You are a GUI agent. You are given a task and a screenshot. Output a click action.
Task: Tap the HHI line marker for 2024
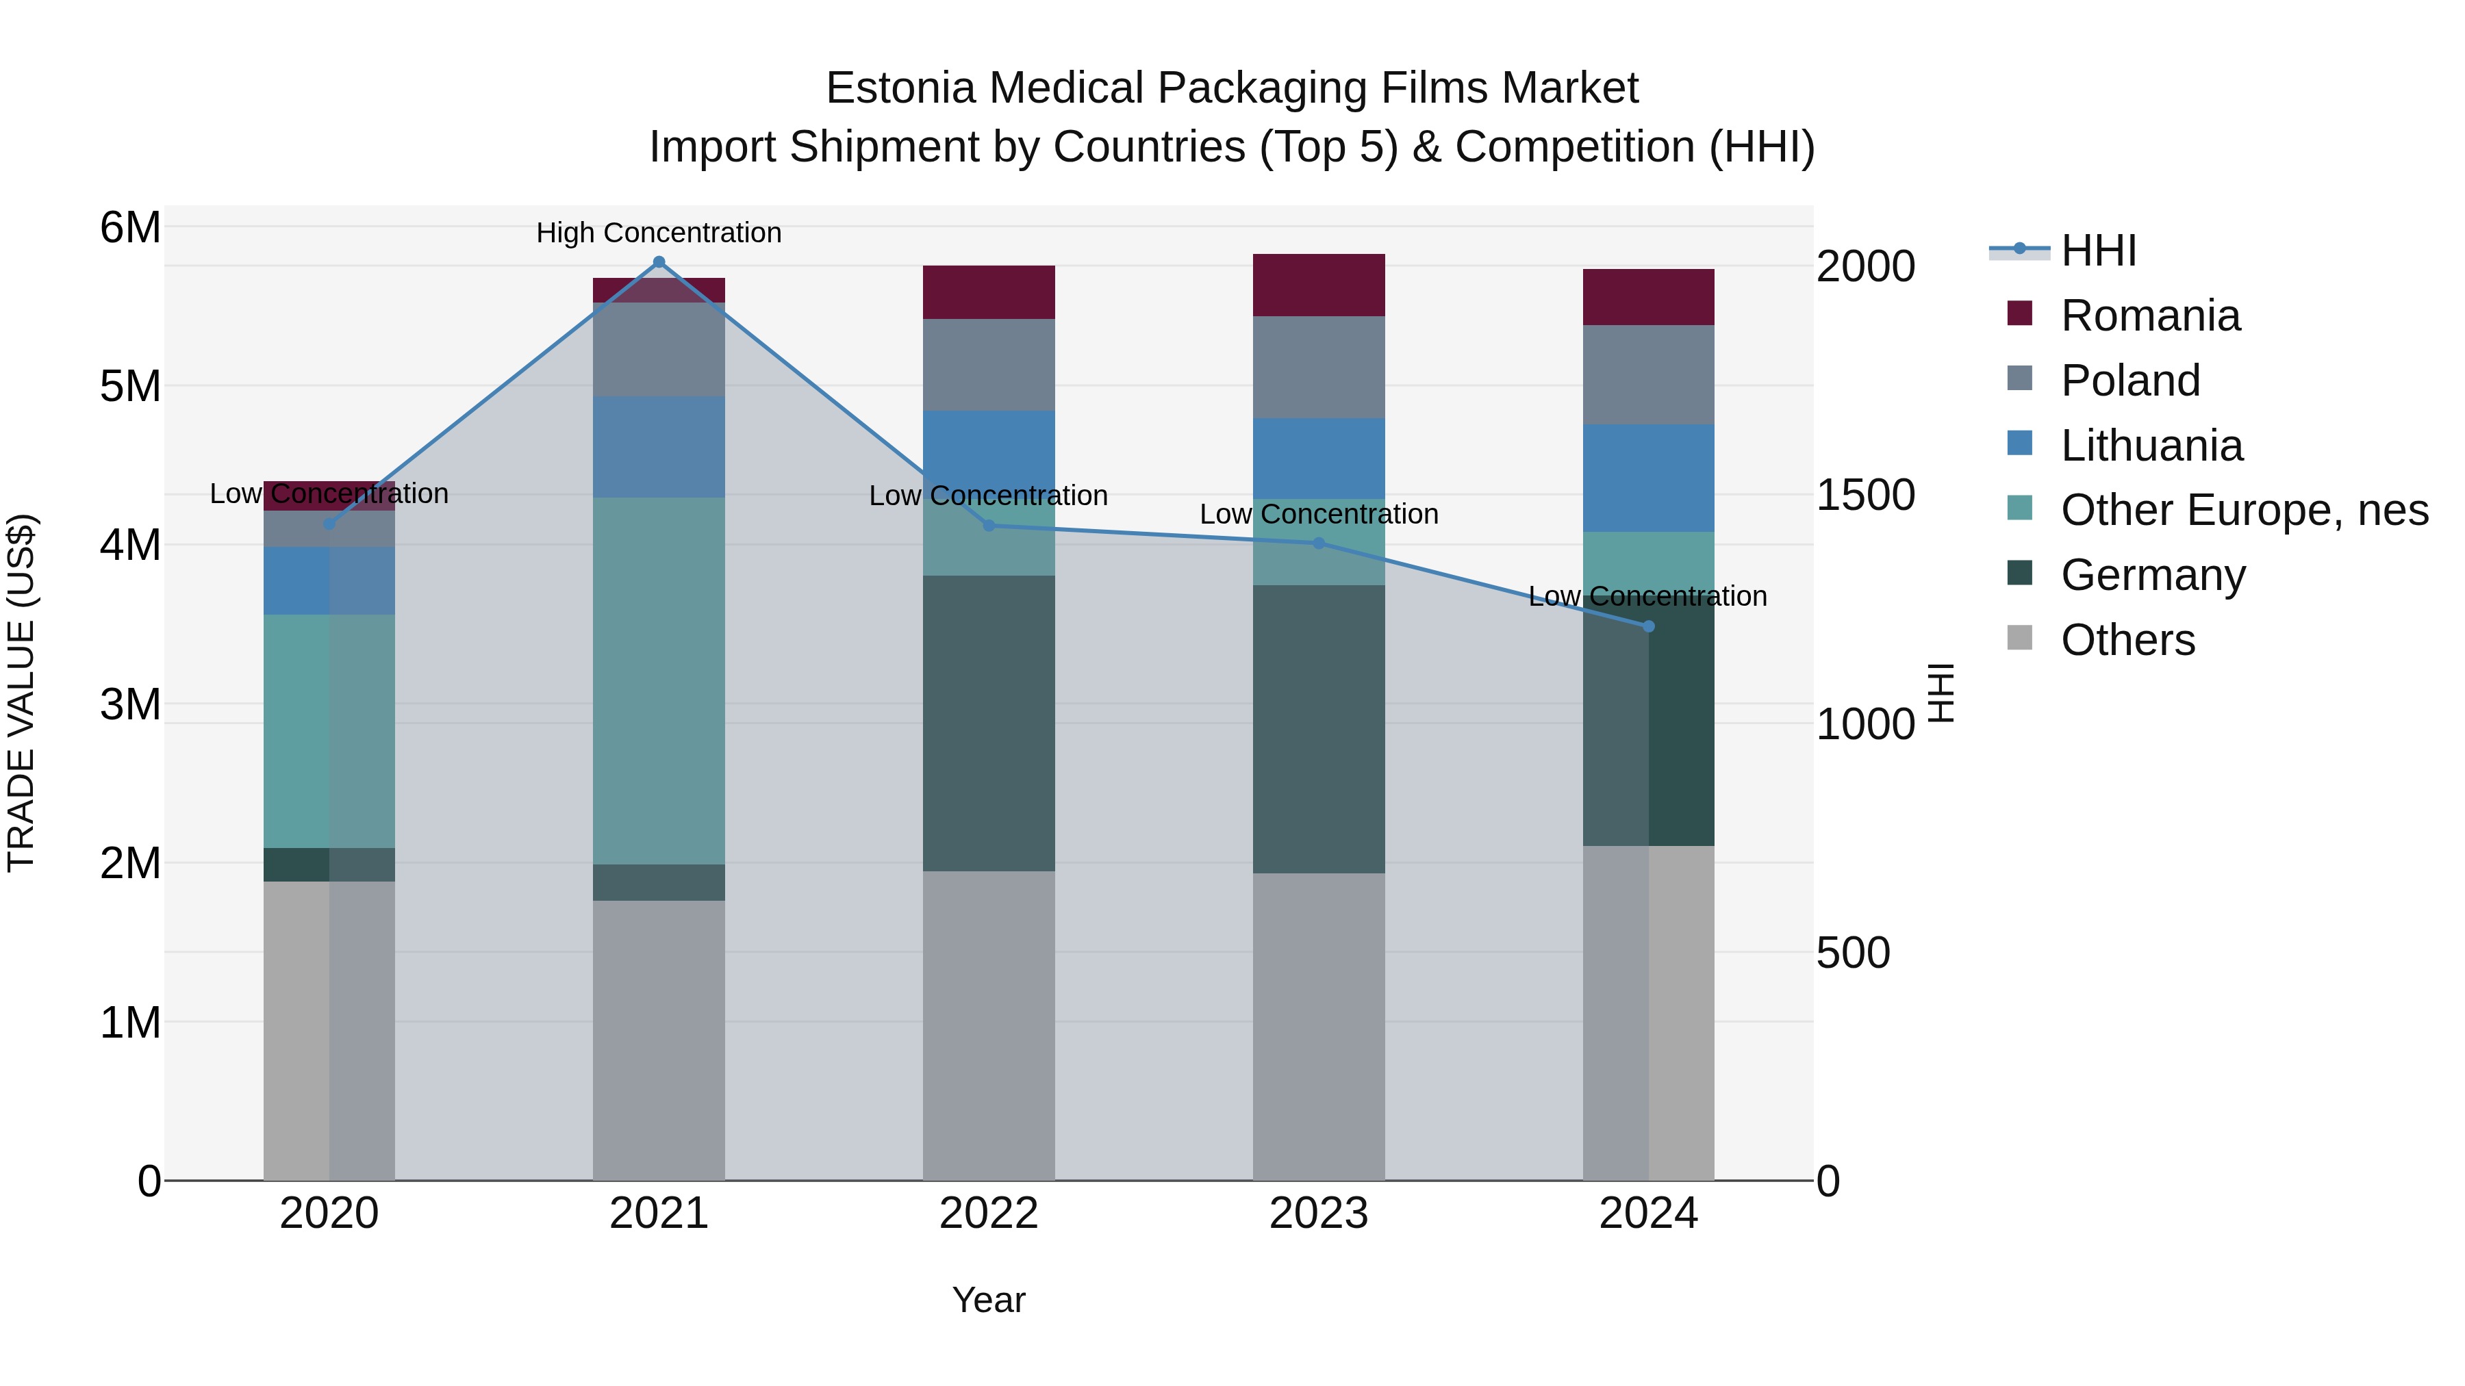(1648, 626)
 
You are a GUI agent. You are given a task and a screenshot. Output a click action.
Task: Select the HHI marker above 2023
(1319, 543)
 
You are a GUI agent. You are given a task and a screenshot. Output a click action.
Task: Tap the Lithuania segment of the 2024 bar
(1648, 478)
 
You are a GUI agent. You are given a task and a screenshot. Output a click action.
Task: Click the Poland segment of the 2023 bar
(1319, 368)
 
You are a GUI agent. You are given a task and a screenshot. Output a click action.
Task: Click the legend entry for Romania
(2149, 316)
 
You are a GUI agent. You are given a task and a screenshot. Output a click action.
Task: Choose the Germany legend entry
(2152, 575)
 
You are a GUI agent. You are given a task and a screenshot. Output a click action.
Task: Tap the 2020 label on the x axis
(329, 1214)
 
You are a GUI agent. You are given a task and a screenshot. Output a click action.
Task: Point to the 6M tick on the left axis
(130, 228)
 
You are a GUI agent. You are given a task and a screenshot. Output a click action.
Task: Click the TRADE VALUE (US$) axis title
(21, 693)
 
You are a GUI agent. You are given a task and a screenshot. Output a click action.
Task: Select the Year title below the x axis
(989, 1300)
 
